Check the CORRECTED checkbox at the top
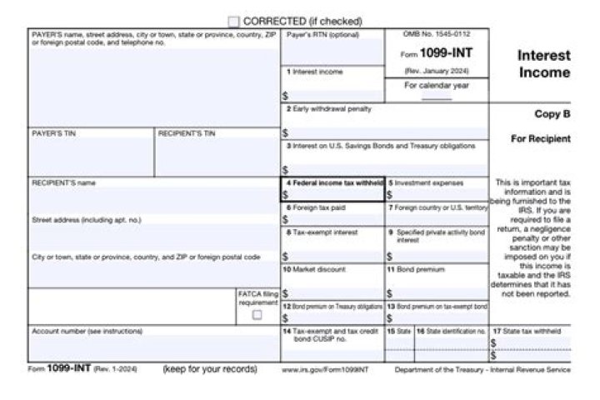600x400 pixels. (233, 21)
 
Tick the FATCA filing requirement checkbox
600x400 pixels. (257, 315)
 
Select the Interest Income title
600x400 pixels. (544, 64)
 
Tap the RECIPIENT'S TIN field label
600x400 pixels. (187, 133)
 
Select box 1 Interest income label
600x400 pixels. (315, 72)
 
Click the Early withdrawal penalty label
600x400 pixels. (331, 109)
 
